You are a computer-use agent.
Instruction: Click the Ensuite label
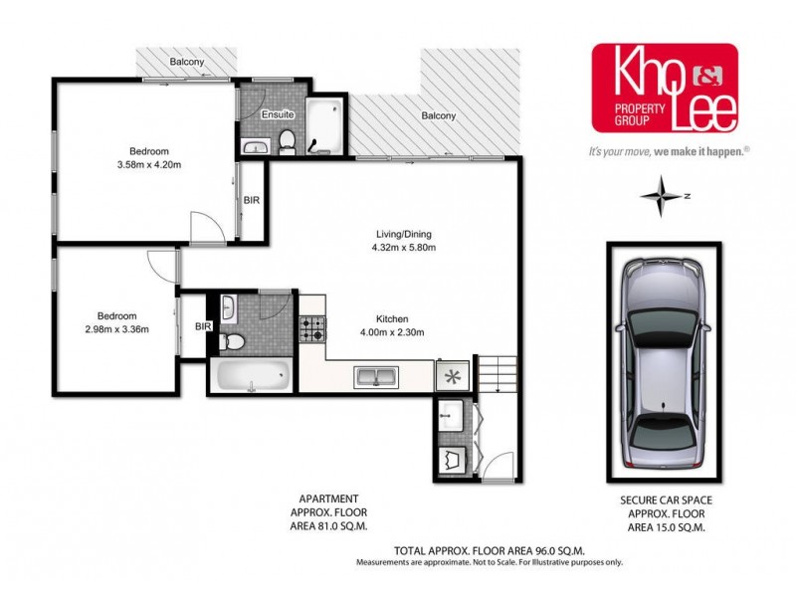click(277, 115)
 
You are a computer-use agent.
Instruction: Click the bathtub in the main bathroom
click(250, 379)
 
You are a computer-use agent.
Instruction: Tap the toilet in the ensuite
click(287, 141)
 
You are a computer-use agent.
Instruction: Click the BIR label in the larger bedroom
click(252, 200)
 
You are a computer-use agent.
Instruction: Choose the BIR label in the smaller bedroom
click(203, 325)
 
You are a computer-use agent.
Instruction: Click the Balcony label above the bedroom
click(187, 62)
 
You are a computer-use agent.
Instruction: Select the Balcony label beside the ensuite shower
click(438, 116)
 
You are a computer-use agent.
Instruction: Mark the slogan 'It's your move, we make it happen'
click(668, 152)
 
